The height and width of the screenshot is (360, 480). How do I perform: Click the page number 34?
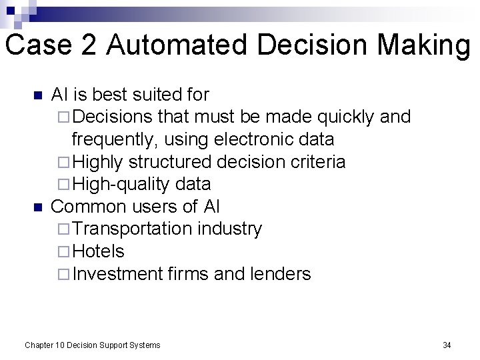[447, 345]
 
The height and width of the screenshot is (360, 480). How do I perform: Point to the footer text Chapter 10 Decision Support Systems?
[92, 345]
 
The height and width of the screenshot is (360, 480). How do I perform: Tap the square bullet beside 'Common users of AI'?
[37, 207]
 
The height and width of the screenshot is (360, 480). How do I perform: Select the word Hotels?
[98, 251]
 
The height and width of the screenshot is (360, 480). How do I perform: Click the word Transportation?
[132, 229]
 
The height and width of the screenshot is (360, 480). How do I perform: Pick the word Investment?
[117, 274]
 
